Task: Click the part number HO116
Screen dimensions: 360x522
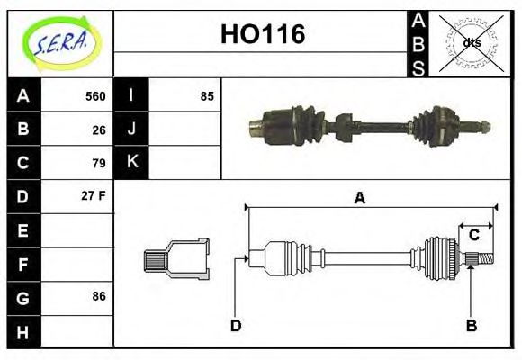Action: [x=263, y=34]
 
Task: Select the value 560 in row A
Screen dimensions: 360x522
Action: [x=95, y=96]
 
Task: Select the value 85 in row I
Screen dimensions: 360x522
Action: [x=207, y=96]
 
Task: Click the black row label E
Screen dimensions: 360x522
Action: [x=23, y=230]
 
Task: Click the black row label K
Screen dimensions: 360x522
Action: [x=131, y=163]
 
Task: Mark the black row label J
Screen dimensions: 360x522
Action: [x=131, y=130]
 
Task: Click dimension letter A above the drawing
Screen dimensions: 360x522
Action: [x=359, y=197]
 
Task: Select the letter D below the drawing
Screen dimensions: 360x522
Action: [x=236, y=325]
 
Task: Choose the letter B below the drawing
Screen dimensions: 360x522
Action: [x=471, y=325]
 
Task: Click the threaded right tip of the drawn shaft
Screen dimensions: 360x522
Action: [x=484, y=260]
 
